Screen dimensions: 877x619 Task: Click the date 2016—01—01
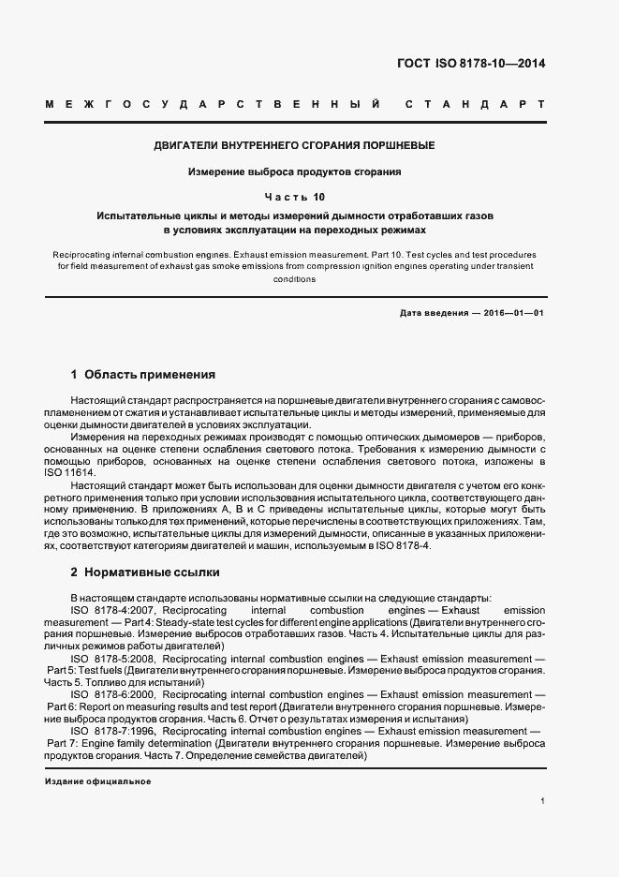pos(511,312)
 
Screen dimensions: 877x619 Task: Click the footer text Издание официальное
pos(97,780)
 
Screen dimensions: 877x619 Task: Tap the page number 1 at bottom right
pos(543,800)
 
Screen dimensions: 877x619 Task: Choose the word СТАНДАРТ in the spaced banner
pos(475,103)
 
